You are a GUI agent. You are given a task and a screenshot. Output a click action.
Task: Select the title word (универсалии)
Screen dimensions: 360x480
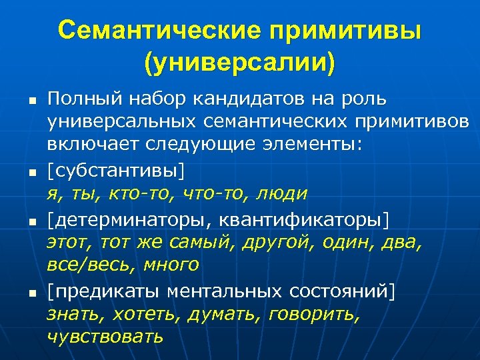(x=240, y=64)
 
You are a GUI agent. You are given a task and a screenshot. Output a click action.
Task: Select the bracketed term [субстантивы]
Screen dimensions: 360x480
(x=113, y=170)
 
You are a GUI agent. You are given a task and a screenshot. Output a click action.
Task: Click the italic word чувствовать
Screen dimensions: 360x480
(x=105, y=336)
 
